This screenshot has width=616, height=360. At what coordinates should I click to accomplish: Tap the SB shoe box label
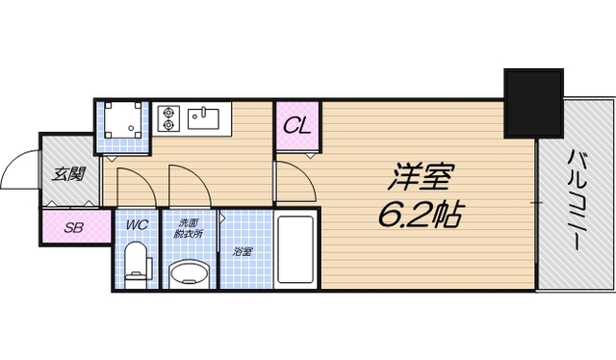73,229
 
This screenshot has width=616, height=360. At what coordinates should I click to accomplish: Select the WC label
137,226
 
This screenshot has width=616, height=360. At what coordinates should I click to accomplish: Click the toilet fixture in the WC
138,263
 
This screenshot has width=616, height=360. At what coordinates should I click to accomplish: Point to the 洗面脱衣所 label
188,228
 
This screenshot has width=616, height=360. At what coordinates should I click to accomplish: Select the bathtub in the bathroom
295,252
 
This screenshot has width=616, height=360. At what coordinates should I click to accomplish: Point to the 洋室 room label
420,176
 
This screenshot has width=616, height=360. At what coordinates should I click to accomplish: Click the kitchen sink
205,118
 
